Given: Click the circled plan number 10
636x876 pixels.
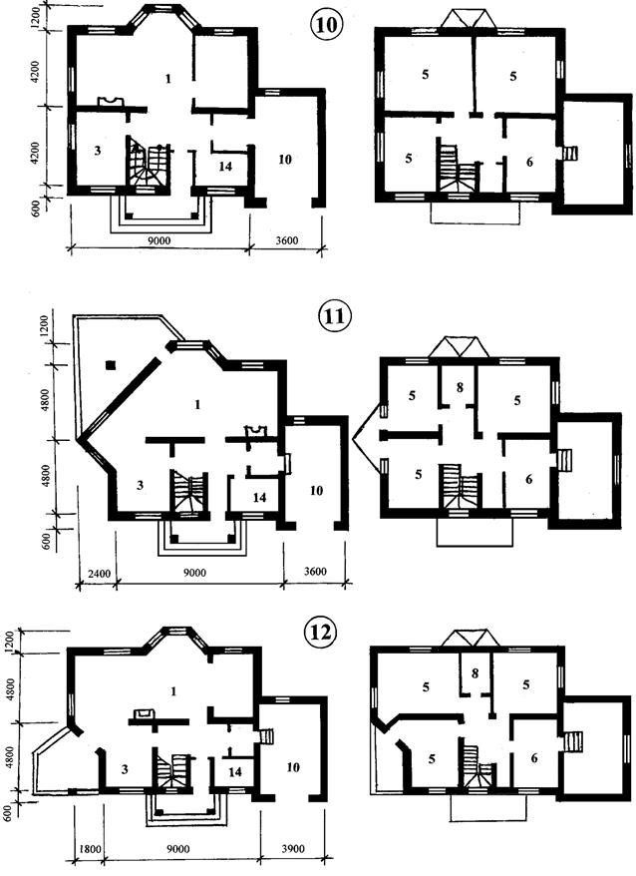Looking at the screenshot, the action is point(326,26).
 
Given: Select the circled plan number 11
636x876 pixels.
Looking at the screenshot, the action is point(333,318).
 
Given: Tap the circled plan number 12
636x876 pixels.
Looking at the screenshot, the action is point(320,633).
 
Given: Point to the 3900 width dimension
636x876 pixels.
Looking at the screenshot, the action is point(292,849).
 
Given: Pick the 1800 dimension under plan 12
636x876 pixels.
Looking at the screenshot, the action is point(90,849).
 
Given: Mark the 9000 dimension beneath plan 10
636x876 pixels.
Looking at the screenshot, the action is point(159,240).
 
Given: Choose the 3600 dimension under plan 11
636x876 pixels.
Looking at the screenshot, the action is point(315,572).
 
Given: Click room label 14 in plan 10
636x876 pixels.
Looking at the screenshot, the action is point(225,167).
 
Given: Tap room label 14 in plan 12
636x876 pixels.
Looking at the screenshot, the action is point(235,771).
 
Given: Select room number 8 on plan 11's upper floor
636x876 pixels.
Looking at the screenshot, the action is point(460,387).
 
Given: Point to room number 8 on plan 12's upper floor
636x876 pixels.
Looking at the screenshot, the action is point(475,673).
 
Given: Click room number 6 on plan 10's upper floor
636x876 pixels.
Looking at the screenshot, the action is point(529,162).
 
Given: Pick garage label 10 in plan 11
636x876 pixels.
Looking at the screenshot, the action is point(316,491).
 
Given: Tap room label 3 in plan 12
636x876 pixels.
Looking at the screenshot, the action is point(125,769).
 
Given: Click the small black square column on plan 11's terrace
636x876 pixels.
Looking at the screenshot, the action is point(111,365).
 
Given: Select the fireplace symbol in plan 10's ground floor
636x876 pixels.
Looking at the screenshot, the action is point(110,101).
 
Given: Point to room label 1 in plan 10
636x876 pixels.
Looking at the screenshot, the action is point(167,78).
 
